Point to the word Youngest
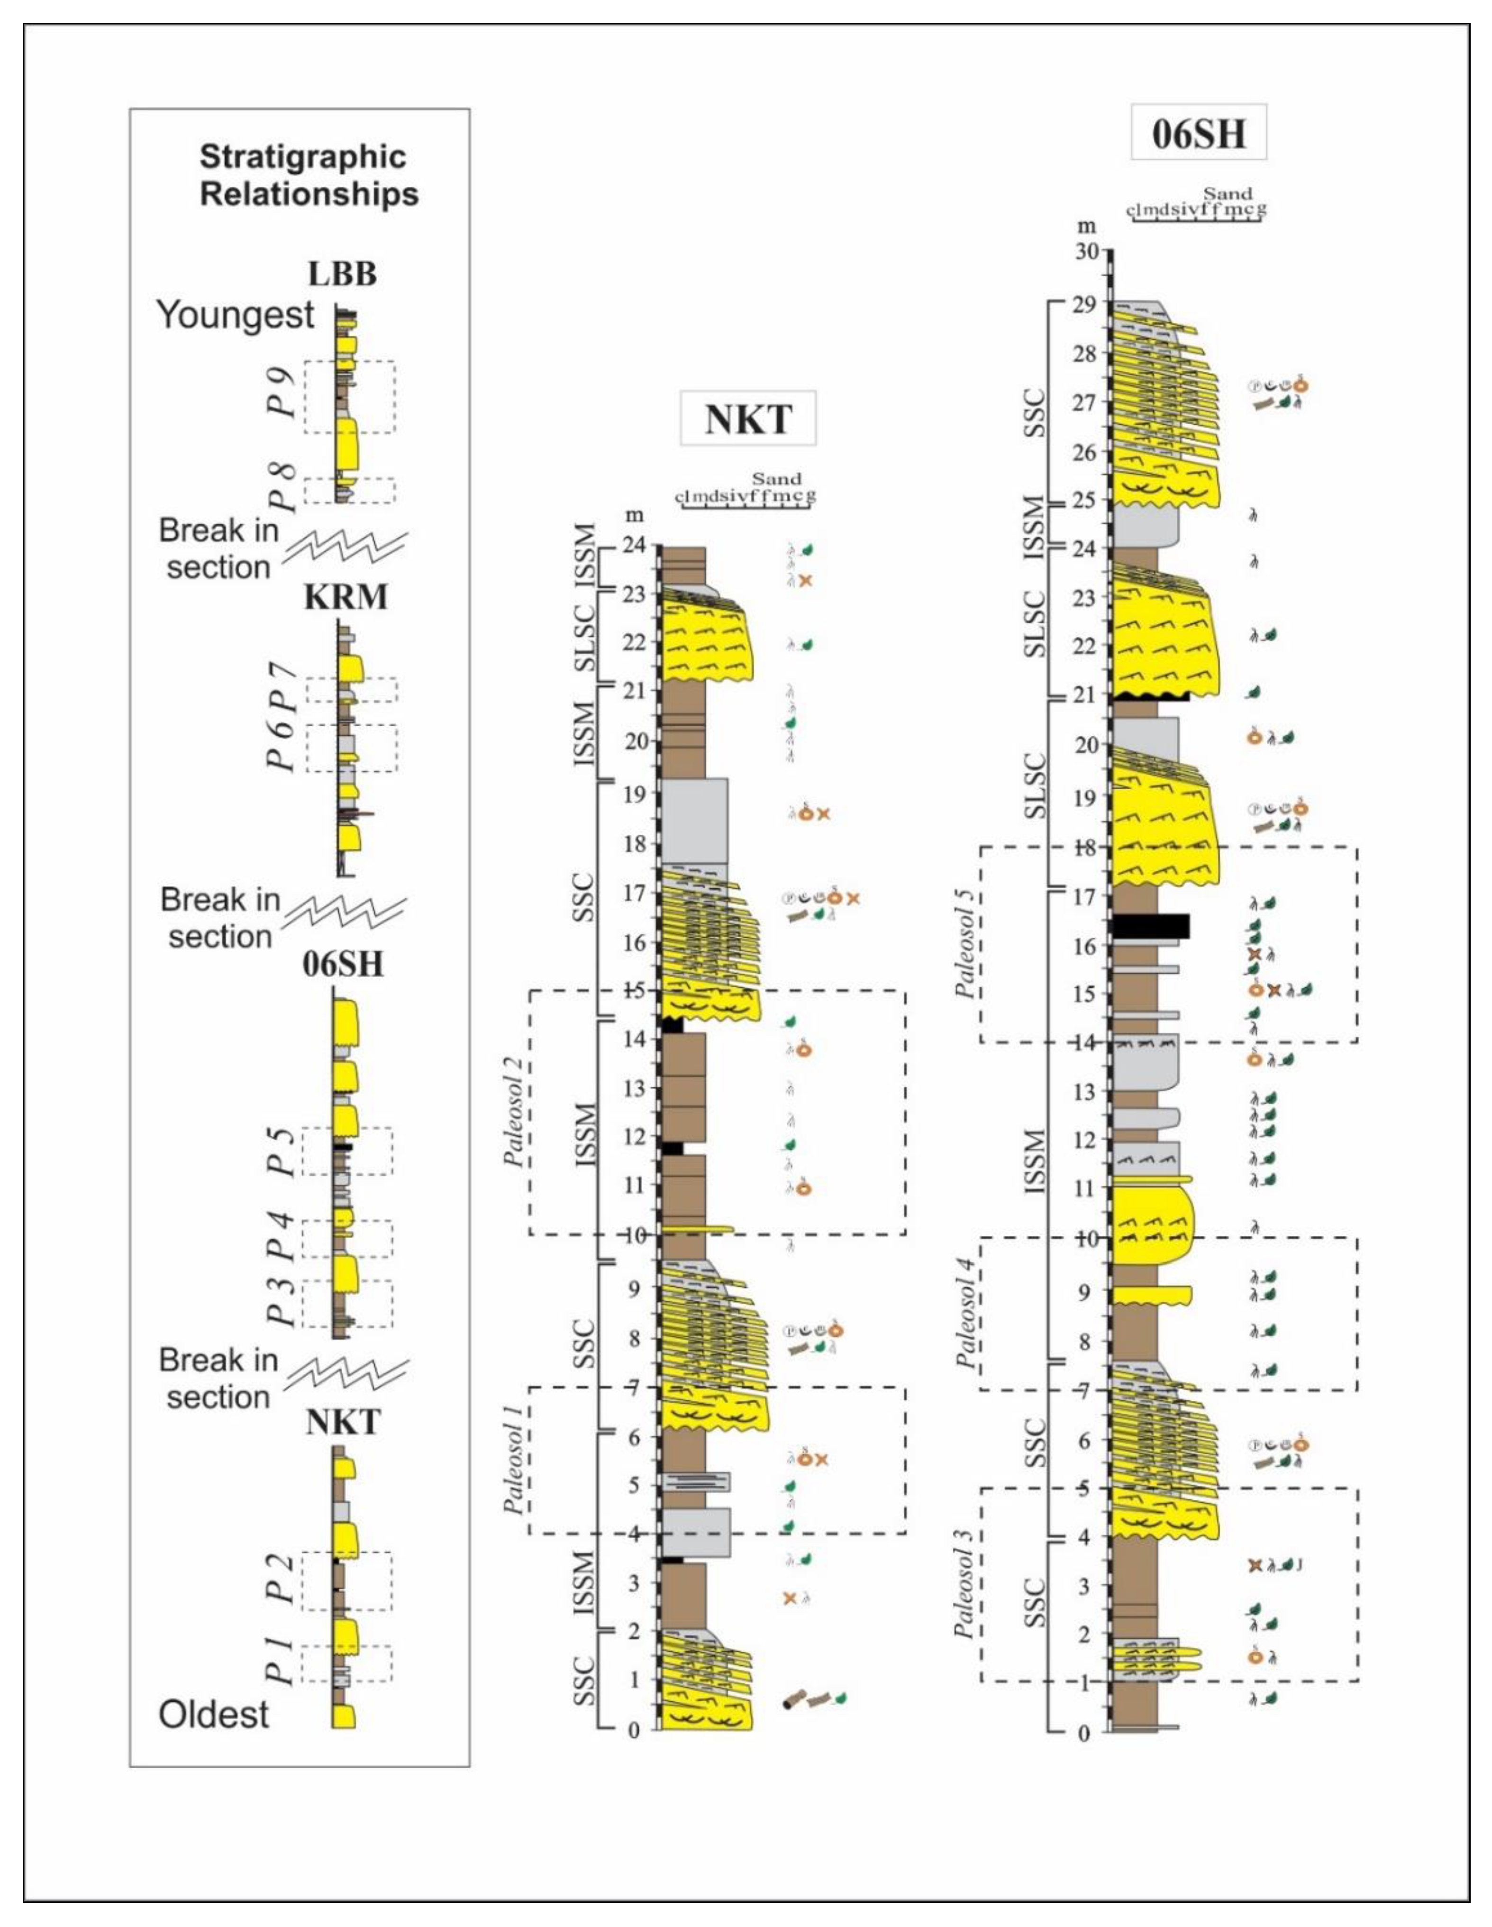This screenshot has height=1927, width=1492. (236, 315)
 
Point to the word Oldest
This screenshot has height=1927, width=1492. (214, 1714)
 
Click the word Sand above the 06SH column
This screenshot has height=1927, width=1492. (1228, 193)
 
